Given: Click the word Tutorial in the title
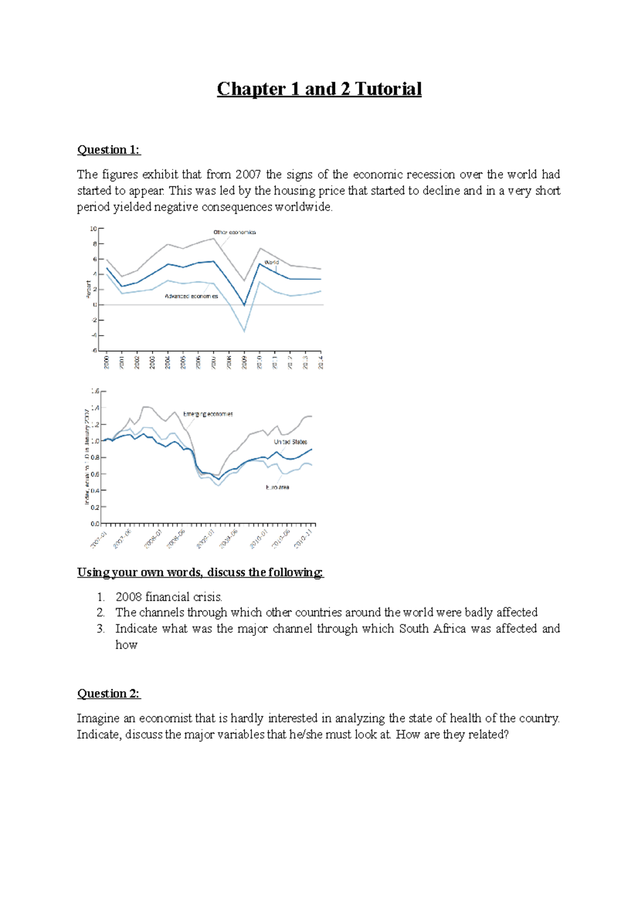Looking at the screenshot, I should point(388,89).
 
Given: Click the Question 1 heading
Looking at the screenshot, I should point(108,150).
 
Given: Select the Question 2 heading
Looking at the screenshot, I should point(108,693).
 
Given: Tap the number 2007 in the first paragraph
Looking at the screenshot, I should point(248,174).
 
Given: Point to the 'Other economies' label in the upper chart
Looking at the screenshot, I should point(234,232).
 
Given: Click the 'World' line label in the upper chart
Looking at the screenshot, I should point(271,262).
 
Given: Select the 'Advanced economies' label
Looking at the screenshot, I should point(191,296).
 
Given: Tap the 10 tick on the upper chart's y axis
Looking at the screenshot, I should point(93,229).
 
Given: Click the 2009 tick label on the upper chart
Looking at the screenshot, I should point(245,362).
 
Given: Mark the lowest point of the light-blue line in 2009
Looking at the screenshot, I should point(245,331).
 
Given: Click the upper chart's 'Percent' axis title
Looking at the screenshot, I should point(88,289).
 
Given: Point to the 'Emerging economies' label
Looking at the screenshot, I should point(208,414).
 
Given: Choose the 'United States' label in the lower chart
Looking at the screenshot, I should point(290,442).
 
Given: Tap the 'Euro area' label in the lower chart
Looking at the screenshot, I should point(278,487).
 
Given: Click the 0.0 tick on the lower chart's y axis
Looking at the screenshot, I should point(95,524).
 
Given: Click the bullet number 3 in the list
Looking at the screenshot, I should point(101,629).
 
